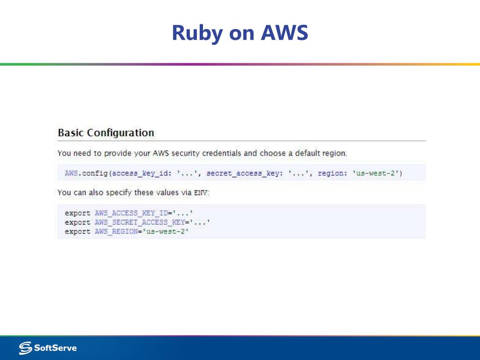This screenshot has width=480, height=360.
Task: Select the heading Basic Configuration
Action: [105, 133]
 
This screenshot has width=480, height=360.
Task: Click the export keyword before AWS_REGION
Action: [77, 232]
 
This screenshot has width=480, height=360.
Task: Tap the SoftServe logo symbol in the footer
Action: [25, 348]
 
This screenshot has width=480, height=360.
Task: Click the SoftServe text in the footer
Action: [55, 348]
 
